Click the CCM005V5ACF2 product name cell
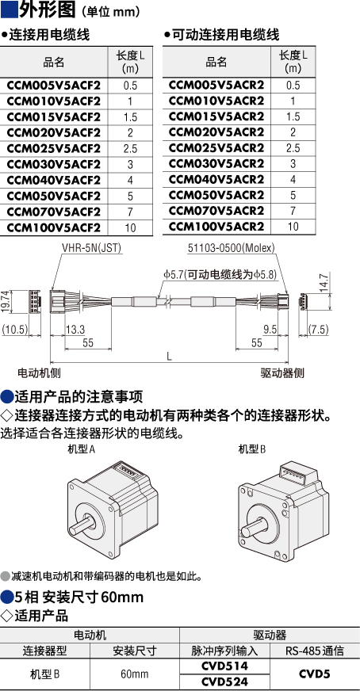[54, 85]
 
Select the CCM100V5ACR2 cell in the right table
[216, 227]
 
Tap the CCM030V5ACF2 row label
[54, 164]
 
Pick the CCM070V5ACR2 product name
[216, 211]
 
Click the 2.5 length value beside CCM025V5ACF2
[130, 148]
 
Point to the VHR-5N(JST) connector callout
[91, 249]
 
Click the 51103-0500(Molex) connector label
[232, 249]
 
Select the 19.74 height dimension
[6, 302]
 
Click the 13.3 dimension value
[75, 329]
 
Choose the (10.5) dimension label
[15, 329]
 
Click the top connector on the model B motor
[299, 472]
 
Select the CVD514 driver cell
[224, 666]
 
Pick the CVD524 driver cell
[224, 681]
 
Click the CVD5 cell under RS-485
[314, 674]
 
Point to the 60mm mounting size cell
[135, 674]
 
